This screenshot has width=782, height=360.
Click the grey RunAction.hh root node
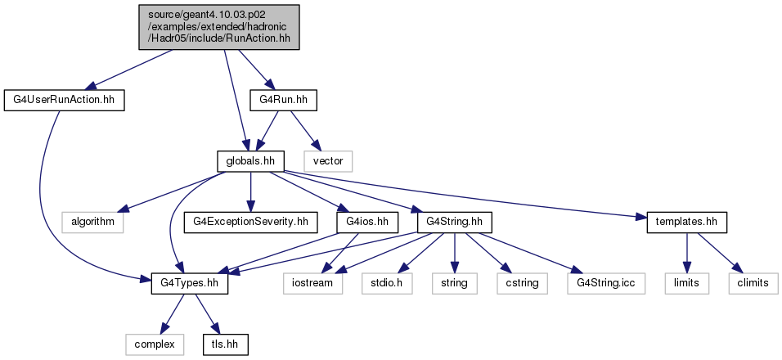pyautogui.click(x=219, y=27)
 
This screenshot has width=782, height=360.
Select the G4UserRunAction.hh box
pyautogui.click(x=63, y=101)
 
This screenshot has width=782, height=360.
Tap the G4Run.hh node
pyautogui.click(x=283, y=101)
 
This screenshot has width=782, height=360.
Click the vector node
pyautogui.click(x=329, y=161)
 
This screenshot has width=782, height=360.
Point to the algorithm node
pyautogui.click(x=92, y=223)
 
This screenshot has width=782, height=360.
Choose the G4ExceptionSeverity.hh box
pyautogui.click(x=250, y=223)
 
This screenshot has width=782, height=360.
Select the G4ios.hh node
pyautogui.click(x=368, y=223)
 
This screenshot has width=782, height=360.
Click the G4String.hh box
pyautogui.click(x=454, y=223)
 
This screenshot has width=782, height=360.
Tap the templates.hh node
pyautogui.click(x=687, y=223)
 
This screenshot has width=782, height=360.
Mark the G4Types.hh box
pyautogui.click(x=190, y=283)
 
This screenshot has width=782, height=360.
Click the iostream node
pyautogui.click(x=313, y=283)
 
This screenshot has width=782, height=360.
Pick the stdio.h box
pyautogui.click(x=387, y=283)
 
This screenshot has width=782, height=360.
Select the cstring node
pyautogui.click(x=522, y=283)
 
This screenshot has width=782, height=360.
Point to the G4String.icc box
pyautogui.click(x=606, y=283)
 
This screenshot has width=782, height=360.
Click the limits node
pyautogui.click(x=687, y=283)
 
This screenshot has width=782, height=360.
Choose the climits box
pyautogui.click(x=753, y=283)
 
